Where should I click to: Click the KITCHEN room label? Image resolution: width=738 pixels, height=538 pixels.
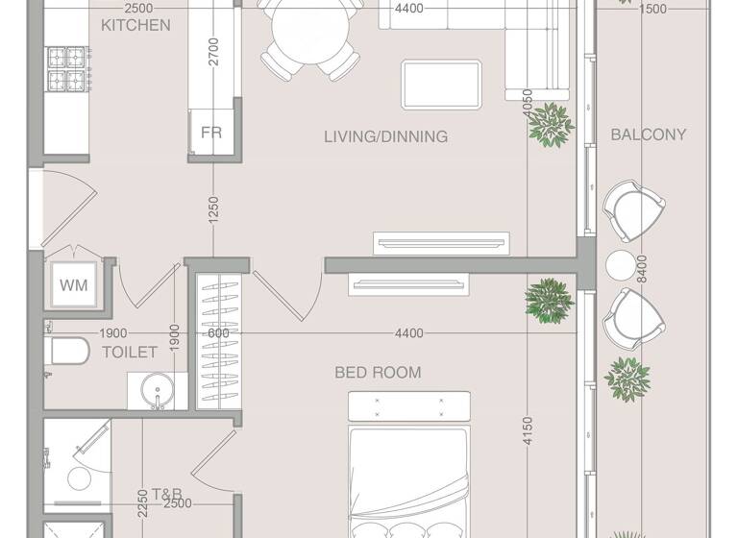pos(135,25)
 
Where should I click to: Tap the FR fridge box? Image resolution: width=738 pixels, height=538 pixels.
pos(211,133)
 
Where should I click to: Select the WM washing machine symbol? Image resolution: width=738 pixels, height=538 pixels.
pos(73,285)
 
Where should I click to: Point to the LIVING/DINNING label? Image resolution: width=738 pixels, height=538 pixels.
pos(385,136)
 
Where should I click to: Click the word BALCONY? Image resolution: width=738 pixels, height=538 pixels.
pos(649,134)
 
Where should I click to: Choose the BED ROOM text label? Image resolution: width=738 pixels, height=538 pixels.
pos(378,372)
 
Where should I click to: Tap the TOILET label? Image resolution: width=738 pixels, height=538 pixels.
pos(129,353)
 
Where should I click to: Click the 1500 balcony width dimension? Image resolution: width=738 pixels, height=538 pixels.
pos(652,10)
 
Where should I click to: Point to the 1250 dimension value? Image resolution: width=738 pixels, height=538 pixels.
pos(214,210)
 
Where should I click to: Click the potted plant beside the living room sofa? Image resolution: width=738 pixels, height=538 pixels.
pos(552,125)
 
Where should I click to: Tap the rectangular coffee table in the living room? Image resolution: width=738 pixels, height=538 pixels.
pos(443,84)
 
